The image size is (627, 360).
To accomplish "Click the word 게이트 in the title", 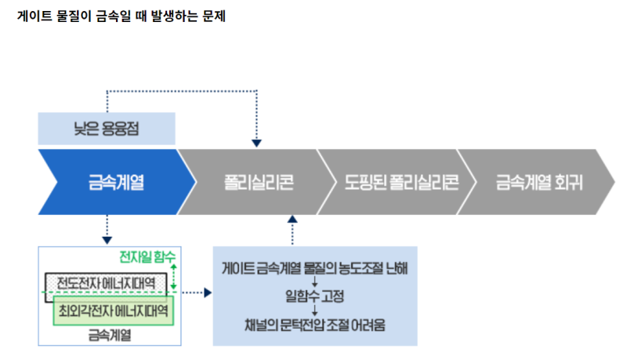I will click(32, 16).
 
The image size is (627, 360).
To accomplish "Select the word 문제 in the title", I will click(212, 16).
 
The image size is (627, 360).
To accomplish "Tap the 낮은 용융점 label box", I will click(107, 129).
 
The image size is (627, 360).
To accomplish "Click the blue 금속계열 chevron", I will click(114, 182).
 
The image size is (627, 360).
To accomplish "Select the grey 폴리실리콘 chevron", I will click(254, 182).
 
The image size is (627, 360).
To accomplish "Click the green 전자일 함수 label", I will click(147, 257).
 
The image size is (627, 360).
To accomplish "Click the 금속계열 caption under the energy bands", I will click(110, 334).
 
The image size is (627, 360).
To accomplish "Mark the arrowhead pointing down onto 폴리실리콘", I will click(256, 143).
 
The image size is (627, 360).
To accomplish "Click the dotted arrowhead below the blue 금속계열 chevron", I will click(107, 238).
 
